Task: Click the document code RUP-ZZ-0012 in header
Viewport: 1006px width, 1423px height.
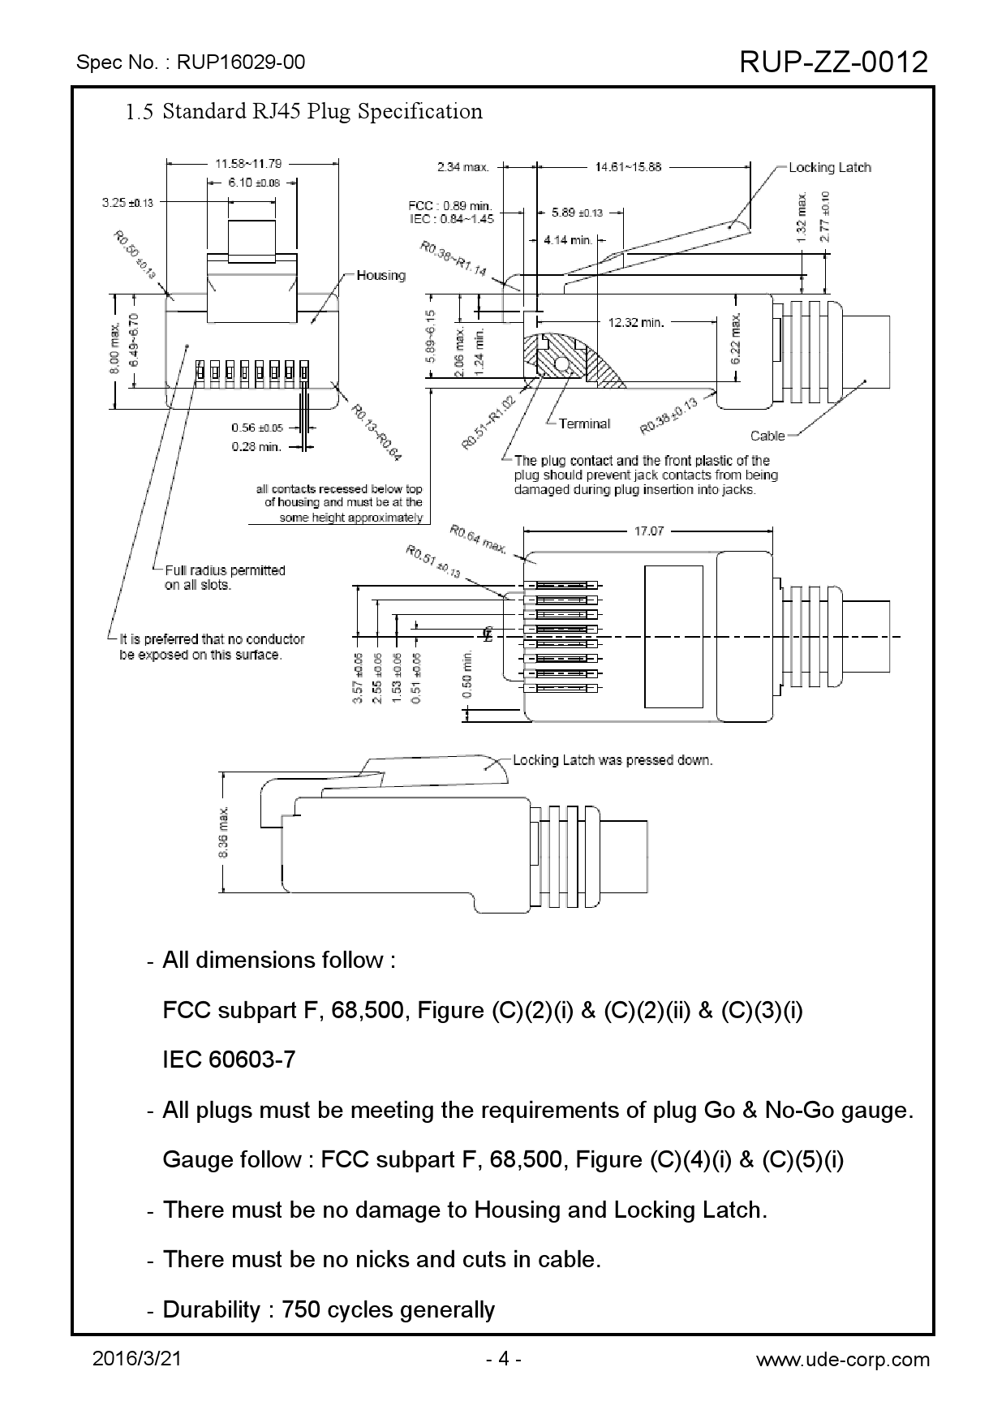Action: (x=834, y=62)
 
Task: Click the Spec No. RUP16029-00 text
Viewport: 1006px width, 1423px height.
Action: (x=190, y=62)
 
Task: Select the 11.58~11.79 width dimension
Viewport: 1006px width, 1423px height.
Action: (x=248, y=163)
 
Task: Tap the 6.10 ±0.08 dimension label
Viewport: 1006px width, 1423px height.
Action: (x=253, y=183)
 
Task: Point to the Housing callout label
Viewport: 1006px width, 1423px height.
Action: (x=380, y=275)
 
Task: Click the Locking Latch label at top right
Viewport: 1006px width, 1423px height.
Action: (x=829, y=167)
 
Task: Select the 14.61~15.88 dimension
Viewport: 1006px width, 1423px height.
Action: (x=627, y=167)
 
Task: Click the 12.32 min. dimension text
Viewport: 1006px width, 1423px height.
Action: (x=636, y=322)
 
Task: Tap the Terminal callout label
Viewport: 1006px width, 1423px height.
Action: (x=584, y=423)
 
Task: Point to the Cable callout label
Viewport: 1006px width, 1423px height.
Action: (x=767, y=436)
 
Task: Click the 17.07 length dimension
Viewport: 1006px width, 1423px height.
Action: (x=648, y=531)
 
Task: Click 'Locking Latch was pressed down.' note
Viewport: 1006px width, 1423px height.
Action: (x=613, y=760)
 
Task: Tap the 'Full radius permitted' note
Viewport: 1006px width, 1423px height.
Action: (x=225, y=570)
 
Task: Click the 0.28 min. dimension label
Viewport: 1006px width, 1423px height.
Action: (x=256, y=445)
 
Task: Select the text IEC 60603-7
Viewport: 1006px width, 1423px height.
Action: (x=229, y=1060)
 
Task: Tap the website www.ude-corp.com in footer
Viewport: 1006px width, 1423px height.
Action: (x=842, y=1360)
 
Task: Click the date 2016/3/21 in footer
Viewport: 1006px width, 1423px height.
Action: (x=137, y=1360)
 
